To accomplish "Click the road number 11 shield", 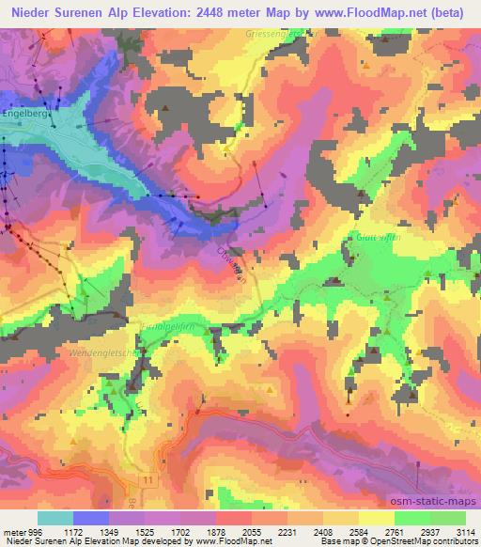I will point(147,480).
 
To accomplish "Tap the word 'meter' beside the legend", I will point(12,530).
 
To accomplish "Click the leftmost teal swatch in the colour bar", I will point(55,518).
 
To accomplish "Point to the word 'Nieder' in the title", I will point(25,14).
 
